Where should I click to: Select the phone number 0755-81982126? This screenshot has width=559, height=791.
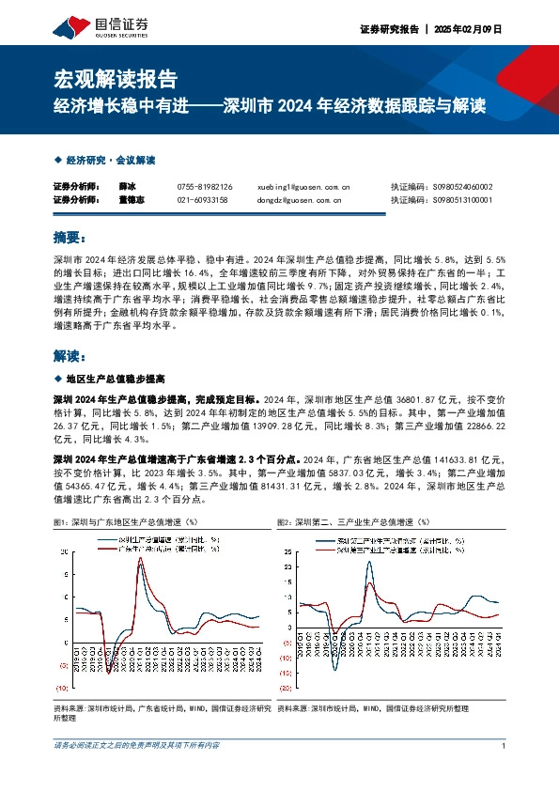pyautogui.click(x=204, y=187)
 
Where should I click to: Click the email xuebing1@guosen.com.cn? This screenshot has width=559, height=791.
pyautogui.click(x=303, y=187)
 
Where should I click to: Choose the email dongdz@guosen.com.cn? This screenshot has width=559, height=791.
pyautogui.click(x=299, y=199)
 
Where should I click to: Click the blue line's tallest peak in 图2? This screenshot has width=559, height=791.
pyautogui.click(x=369, y=562)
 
